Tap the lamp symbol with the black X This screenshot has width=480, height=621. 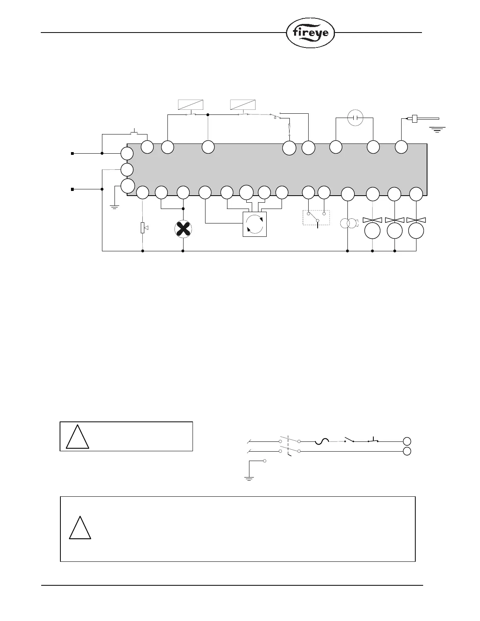(184, 229)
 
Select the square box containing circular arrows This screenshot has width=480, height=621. (255, 224)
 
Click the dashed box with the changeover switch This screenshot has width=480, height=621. (316, 218)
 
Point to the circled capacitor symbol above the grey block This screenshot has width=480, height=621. (356, 118)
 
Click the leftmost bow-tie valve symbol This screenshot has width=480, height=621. (372, 221)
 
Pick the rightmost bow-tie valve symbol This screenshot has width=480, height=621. (416, 221)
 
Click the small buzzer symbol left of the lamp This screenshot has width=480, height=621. (143, 227)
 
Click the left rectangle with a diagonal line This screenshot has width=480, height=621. (191, 105)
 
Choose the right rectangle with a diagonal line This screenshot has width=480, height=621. (243, 105)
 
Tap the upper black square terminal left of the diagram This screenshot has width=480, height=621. (73, 154)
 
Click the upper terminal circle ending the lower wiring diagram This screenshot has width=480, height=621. (407, 441)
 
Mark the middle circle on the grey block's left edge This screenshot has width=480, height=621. (127, 170)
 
